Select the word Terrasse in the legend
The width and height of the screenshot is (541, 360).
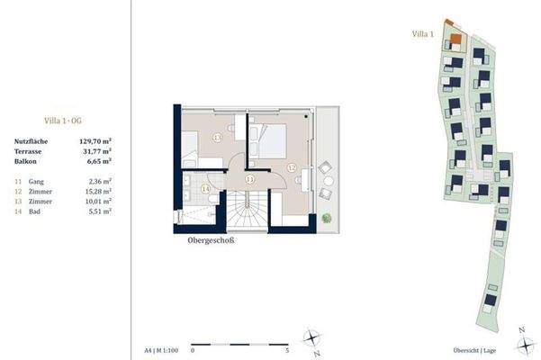30,152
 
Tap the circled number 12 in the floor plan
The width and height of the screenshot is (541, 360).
291,166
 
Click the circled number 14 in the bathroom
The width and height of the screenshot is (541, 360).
205,189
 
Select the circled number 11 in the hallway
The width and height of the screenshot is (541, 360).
249,179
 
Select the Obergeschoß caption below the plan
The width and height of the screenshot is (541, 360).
208,239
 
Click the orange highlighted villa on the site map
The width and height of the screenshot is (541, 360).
457,38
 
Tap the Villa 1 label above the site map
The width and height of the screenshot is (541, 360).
423,34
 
